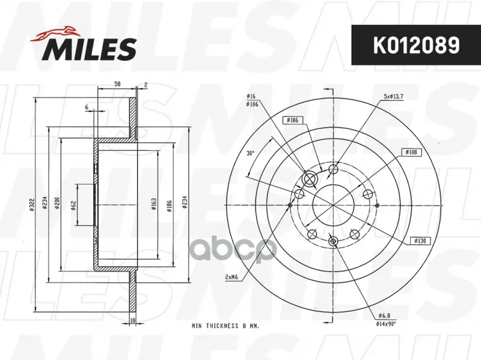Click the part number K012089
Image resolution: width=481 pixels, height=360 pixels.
point(416,45)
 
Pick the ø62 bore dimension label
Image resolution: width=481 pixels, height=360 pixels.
point(73,205)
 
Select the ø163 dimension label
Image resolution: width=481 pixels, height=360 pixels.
point(154,204)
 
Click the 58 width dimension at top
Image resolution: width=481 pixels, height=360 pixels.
point(117,84)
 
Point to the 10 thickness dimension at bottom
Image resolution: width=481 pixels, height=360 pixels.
point(132,320)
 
